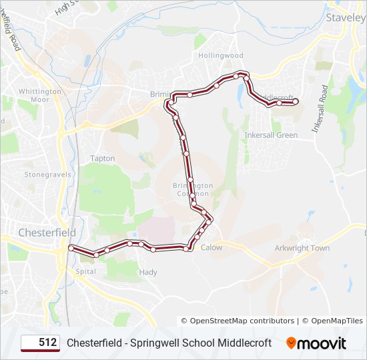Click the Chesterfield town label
[47, 233]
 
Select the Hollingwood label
[221, 55]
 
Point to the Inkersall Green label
[271, 135]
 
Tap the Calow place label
[212, 247]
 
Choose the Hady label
[148, 272]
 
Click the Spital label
[86, 271]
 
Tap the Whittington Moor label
[40, 95]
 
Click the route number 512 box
[40, 343]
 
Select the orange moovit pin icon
[291, 343]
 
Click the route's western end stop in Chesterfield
[70, 248]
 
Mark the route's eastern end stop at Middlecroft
[295, 101]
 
